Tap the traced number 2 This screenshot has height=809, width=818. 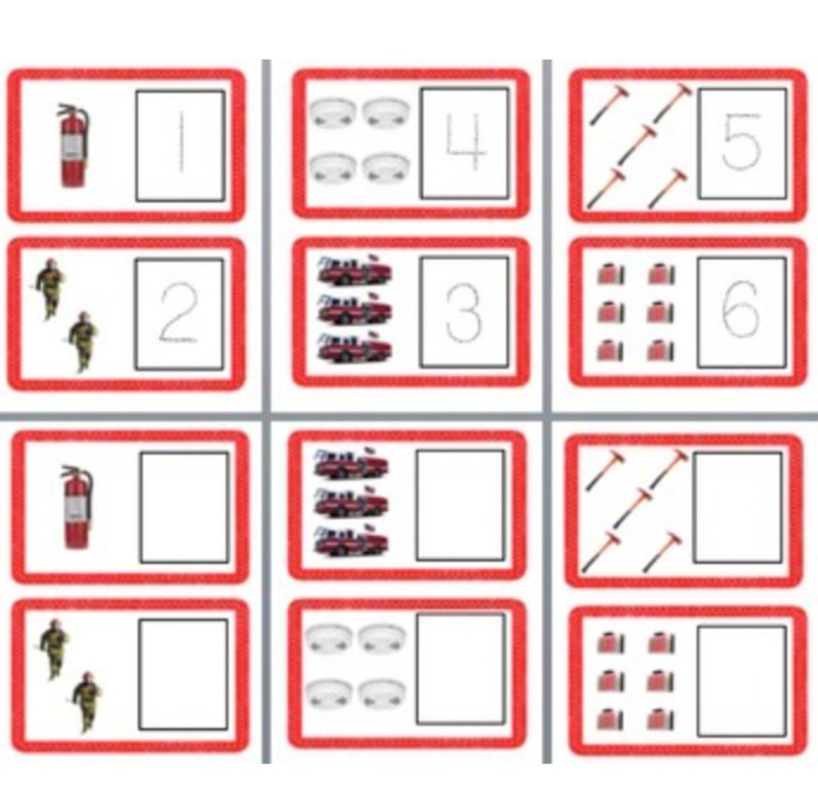point(178,315)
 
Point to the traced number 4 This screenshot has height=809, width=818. point(466,143)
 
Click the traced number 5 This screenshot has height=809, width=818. point(742,142)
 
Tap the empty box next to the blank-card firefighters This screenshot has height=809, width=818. point(183,674)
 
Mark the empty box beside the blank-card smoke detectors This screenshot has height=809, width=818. point(461,669)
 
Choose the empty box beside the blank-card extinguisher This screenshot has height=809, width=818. point(184,508)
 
